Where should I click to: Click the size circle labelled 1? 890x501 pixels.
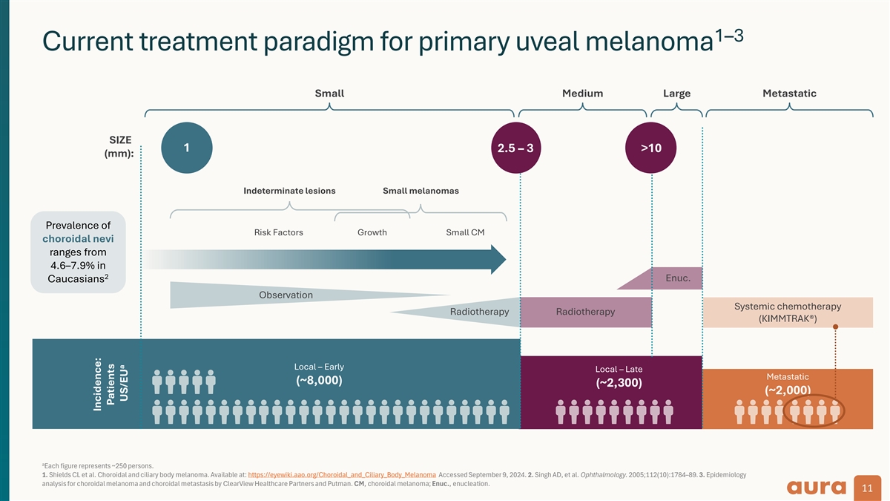click(186, 148)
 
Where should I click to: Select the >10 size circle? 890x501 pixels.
click(650, 148)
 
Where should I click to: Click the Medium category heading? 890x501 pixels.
click(582, 94)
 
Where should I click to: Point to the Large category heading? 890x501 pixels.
click(676, 94)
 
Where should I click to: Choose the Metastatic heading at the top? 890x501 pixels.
click(789, 94)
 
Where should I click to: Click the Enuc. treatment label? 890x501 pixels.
click(678, 279)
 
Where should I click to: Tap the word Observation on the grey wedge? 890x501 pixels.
click(286, 295)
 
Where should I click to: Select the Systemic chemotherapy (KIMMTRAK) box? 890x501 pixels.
click(787, 312)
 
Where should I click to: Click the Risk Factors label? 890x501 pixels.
click(278, 232)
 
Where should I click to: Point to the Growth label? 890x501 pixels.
click(372, 232)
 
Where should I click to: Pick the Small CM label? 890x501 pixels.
click(465, 232)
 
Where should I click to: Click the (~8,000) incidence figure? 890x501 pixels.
click(319, 380)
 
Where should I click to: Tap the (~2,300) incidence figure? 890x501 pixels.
click(619, 383)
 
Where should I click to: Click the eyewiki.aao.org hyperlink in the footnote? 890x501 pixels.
click(341, 474)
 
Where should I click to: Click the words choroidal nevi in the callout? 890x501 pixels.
click(78, 239)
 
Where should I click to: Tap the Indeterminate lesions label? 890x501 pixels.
click(289, 191)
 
